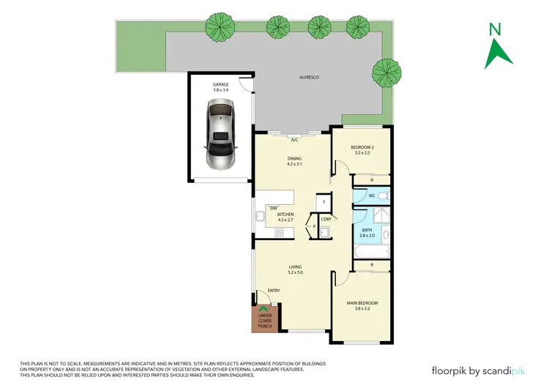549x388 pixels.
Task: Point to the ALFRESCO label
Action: click(307, 77)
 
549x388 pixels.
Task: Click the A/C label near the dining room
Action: click(294, 139)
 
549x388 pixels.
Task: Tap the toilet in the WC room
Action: click(384, 196)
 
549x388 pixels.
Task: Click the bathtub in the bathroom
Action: click(366, 251)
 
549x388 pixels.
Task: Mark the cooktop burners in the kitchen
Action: click(278, 233)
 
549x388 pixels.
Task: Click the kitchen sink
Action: click(261, 215)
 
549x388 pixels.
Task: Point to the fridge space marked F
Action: click(323, 201)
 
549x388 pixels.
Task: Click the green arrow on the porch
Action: click(263, 311)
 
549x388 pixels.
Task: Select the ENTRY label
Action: click(274, 291)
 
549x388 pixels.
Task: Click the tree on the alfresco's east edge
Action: click(385, 72)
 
